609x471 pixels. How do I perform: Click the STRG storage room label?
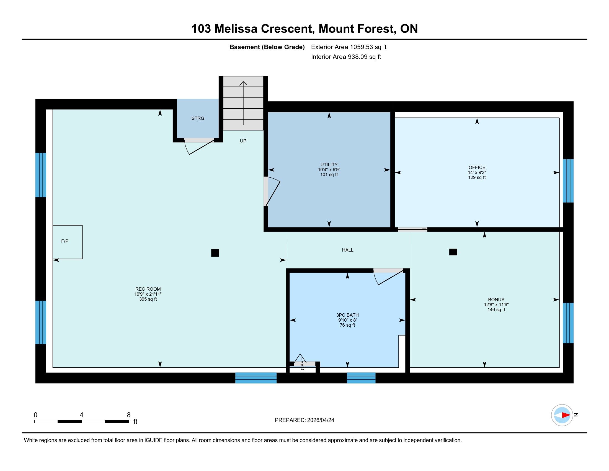click(x=198, y=118)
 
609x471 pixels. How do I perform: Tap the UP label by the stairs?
click(x=243, y=141)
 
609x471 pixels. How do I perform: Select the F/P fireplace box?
click(x=68, y=242)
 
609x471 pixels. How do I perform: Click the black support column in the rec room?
click(x=215, y=253)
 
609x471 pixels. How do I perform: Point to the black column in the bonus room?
click(x=453, y=252)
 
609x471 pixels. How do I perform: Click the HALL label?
click(x=348, y=250)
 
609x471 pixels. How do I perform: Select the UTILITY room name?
click(x=329, y=165)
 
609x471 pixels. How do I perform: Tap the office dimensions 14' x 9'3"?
click(x=477, y=172)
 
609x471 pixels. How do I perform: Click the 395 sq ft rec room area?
click(x=148, y=299)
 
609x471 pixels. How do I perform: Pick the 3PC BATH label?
click(x=347, y=315)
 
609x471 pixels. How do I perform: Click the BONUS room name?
click(x=496, y=300)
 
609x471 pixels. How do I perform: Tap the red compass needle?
click(x=566, y=415)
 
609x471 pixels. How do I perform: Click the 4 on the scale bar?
click(x=81, y=415)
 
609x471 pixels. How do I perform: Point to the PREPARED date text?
click(x=304, y=420)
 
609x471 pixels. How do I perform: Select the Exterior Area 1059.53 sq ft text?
click(x=349, y=47)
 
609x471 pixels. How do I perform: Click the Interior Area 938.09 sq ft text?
click(x=346, y=57)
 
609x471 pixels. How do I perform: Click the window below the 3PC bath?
click(x=361, y=378)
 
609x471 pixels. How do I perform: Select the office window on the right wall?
click(x=568, y=181)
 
